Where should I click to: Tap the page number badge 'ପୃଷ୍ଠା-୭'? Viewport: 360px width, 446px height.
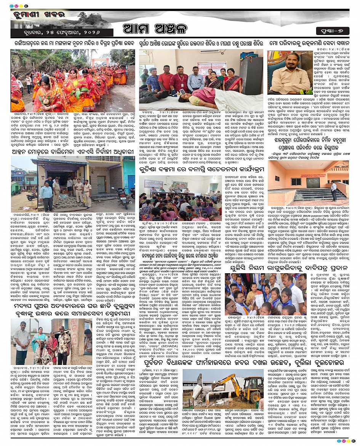tap(332, 30)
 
